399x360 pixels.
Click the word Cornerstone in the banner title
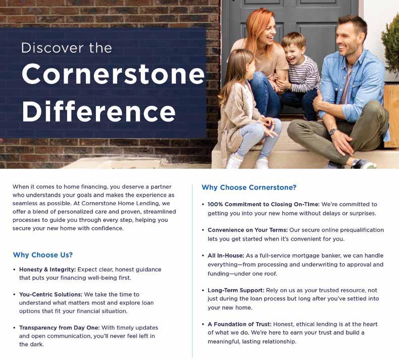pos(113,74)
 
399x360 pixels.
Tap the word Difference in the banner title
pos(98,111)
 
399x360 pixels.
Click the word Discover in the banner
pos(52,48)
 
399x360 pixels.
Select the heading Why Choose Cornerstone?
pos(249,188)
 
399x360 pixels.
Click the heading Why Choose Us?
pos(43,255)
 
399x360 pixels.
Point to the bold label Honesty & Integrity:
pos(47,269)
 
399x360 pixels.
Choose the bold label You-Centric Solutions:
pos(51,294)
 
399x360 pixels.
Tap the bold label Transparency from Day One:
pos(59,328)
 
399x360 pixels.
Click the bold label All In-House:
pos(226,255)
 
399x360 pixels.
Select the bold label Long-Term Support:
pos(236,290)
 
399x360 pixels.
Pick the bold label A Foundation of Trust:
pos(239,324)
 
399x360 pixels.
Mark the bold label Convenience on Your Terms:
pos(247,230)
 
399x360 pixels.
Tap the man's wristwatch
pos(332,131)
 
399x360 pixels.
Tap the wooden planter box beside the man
pos(391,116)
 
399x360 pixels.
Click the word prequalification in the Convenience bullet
pos(362,230)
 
